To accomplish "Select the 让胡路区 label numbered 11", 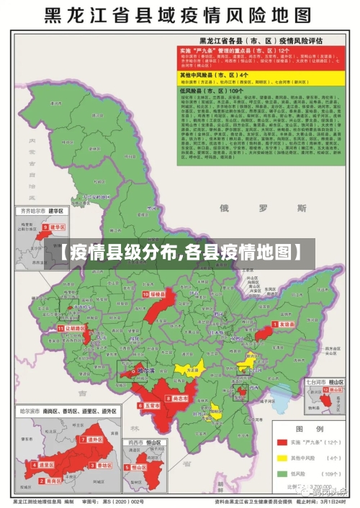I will pyautogui.click(x=74, y=327).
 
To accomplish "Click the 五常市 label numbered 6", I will pyautogui.click(x=149, y=406).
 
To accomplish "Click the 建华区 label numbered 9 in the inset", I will pyautogui.click(x=55, y=227).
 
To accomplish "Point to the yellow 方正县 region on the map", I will pyautogui.click(x=190, y=369).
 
